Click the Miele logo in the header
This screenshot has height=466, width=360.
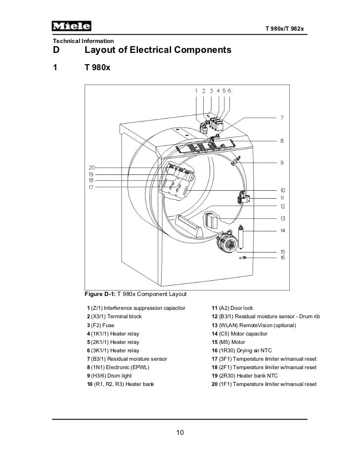click(71, 26)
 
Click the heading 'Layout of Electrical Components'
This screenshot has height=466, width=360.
click(158, 50)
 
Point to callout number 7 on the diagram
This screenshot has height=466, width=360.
click(282, 118)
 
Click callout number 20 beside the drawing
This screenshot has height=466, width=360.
click(92, 168)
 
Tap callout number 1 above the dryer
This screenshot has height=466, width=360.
click(196, 91)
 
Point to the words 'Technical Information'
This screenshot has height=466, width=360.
click(80, 41)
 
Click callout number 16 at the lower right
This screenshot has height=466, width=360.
click(282, 258)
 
